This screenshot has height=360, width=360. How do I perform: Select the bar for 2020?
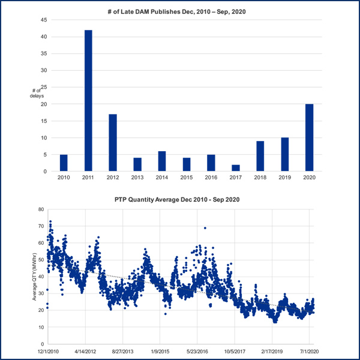(x=309, y=137)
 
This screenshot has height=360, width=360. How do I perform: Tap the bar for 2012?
(x=113, y=142)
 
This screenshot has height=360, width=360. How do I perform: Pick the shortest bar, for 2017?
(x=235, y=168)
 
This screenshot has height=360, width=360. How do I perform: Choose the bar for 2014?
(x=162, y=161)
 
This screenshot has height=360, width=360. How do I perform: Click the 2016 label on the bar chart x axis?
(x=211, y=178)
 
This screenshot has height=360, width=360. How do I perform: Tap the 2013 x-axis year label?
(x=137, y=178)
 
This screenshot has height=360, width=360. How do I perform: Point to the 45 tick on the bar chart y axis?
(x=43, y=20)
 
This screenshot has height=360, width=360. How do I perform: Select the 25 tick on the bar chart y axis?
(x=43, y=87)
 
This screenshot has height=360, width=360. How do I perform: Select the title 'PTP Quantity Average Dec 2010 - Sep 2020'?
(x=180, y=199)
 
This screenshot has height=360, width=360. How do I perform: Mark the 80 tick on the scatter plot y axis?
(x=41, y=210)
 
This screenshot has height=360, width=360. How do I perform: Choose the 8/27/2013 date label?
(x=122, y=351)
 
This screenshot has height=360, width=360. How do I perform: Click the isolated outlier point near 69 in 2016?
(x=205, y=228)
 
